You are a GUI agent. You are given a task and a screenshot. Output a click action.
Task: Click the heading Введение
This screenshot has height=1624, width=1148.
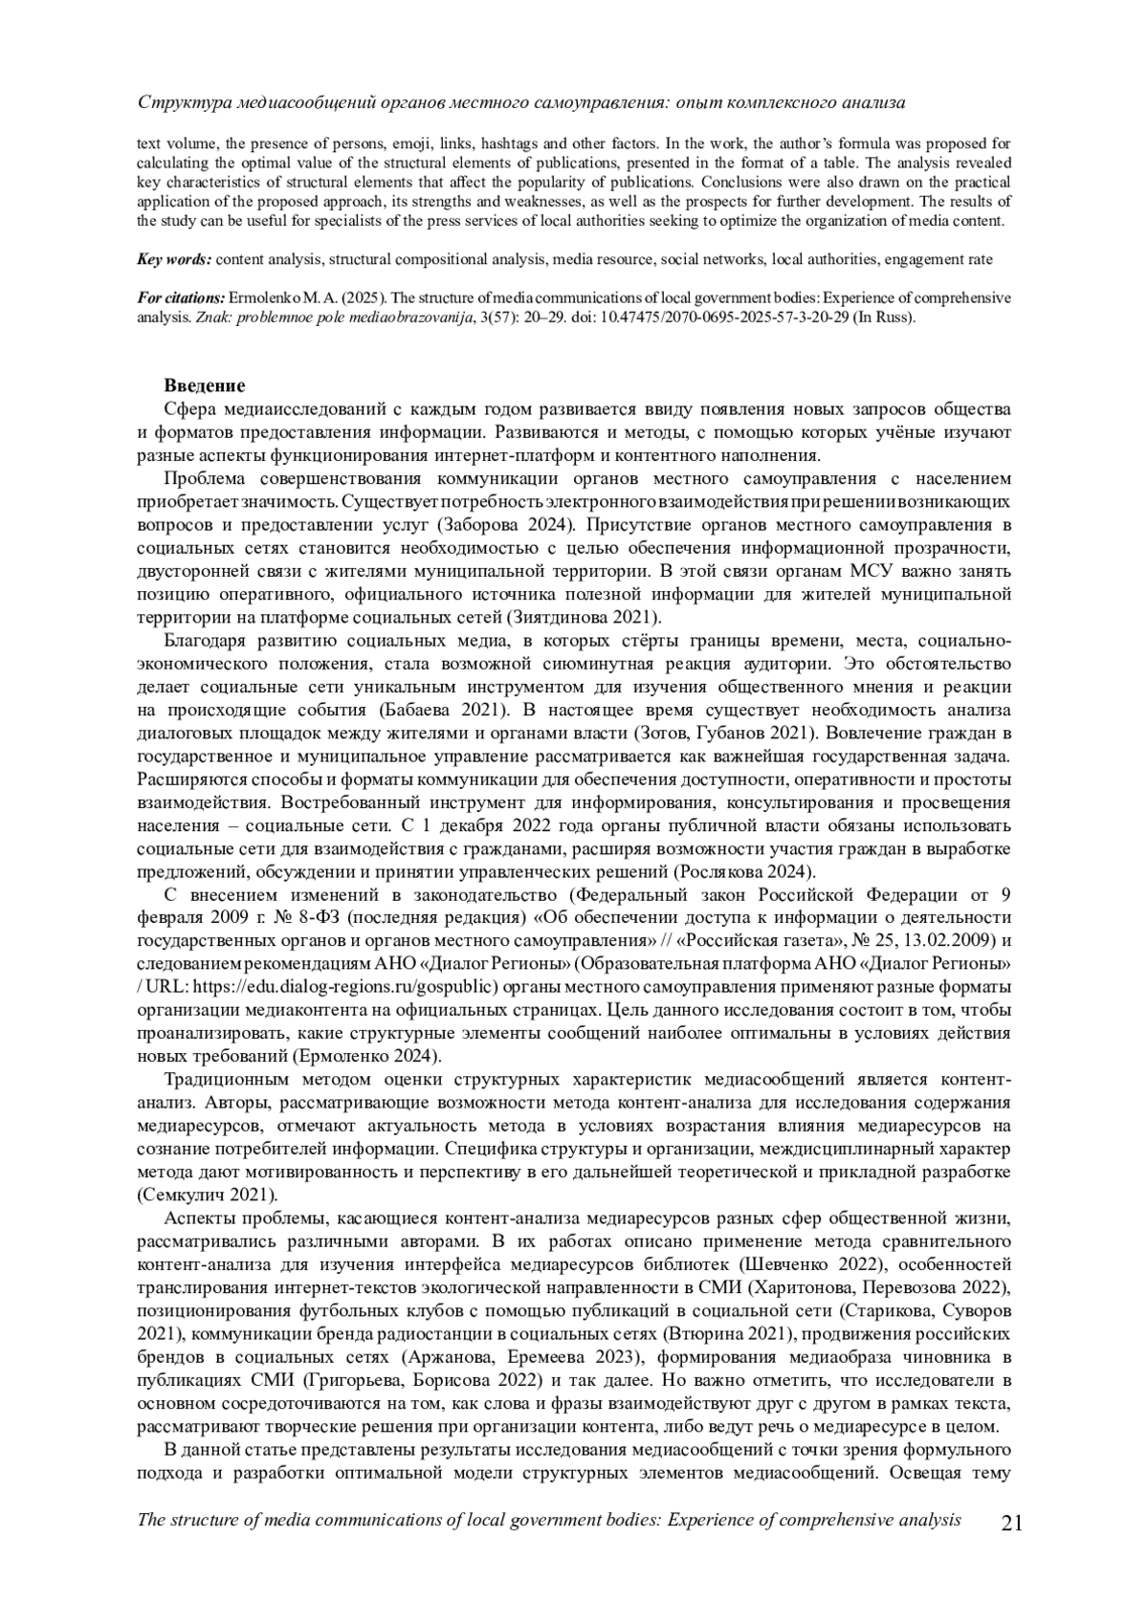[x=204, y=385]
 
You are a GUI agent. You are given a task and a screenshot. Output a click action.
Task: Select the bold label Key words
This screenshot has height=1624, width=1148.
[x=175, y=259]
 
